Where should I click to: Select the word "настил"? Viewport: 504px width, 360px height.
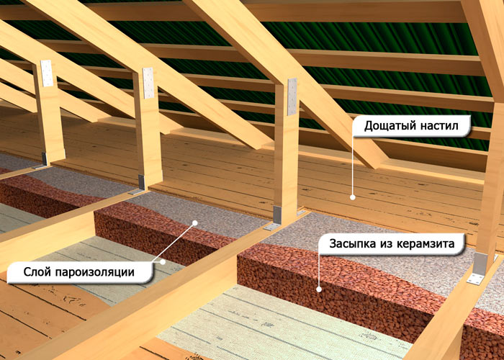pos(439,125)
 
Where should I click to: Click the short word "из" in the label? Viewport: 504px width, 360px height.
pos(387,244)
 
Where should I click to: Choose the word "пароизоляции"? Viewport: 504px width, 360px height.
pos(95,273)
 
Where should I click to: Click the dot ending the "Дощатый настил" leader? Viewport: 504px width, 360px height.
pos(353,197)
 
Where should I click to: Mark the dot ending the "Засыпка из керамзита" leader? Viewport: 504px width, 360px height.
pos(319,289)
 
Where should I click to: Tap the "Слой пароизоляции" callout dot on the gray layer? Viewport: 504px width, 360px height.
pos(195,222)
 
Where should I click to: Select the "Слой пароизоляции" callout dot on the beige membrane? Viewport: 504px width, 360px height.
pos(163,262)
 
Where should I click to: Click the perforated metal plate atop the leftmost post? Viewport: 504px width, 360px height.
pos(47,73)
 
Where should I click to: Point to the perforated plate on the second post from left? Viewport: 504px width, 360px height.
pos(148,83)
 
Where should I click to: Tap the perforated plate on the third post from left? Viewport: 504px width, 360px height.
pos(292,96)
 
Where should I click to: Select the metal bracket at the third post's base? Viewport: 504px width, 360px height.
pos(276,218)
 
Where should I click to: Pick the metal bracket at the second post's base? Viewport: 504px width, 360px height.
pos(139,185)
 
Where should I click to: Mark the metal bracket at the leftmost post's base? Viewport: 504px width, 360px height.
pos(42,161)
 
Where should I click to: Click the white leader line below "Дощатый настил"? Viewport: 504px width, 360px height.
pos(353,166)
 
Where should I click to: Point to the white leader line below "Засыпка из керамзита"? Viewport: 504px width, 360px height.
pos(319,271)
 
